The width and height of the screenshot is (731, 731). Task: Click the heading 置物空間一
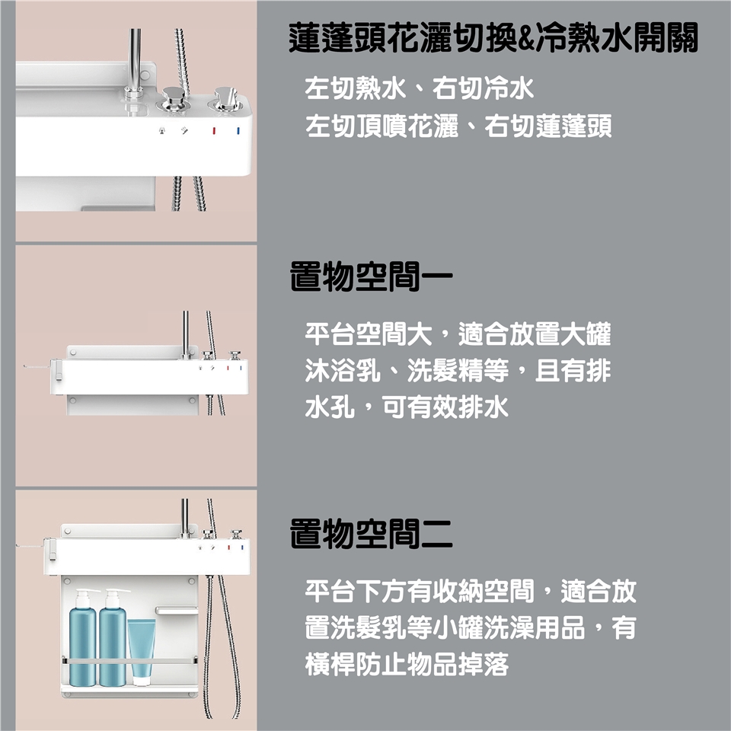(x=371, y=276)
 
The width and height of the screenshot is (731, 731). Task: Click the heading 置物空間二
(x=371, y=533)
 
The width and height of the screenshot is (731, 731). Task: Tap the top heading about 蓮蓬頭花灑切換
(x=493, y=38)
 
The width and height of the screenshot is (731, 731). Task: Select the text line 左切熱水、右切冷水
(x=419, y=88)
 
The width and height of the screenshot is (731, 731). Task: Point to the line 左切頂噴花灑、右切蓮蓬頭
(x=458, y=126)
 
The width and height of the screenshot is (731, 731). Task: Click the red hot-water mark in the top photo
(x=215, y=131)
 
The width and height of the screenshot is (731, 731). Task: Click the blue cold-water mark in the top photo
(x=238, y=131)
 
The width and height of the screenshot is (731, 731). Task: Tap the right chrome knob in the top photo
(x=227, y=99)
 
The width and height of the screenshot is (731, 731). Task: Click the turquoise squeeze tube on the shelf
(x=142, y=651)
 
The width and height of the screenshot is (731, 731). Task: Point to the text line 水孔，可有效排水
(x=407, y=407)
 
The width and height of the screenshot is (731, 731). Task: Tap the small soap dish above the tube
(x=177, y=610)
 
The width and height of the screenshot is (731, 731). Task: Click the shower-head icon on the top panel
(x=185, y=131)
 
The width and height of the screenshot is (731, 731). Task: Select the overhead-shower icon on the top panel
(x=162, y=131)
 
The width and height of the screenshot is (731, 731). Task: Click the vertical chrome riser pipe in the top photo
(x=135, y=61)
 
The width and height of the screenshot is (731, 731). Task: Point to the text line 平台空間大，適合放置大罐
(x=458, y=334)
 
